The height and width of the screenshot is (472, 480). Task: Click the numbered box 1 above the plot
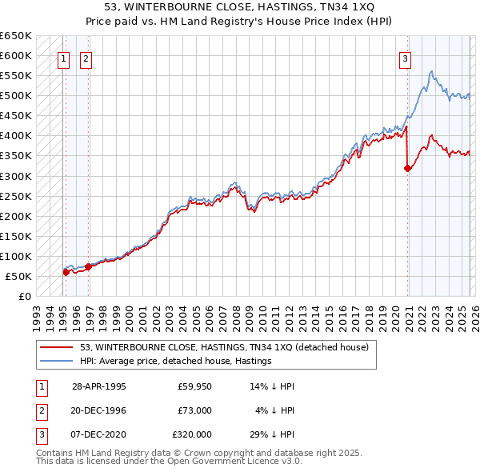63,58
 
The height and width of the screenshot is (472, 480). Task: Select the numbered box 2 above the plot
86,58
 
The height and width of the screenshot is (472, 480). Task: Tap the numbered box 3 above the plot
406,58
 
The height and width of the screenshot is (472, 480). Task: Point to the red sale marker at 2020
407,168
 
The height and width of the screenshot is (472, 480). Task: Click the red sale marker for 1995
66,272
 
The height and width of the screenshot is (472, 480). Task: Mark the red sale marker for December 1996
87,267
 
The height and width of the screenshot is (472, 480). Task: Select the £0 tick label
24,296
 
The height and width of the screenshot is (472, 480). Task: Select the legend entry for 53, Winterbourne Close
224,348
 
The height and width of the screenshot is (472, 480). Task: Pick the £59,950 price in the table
194,386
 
